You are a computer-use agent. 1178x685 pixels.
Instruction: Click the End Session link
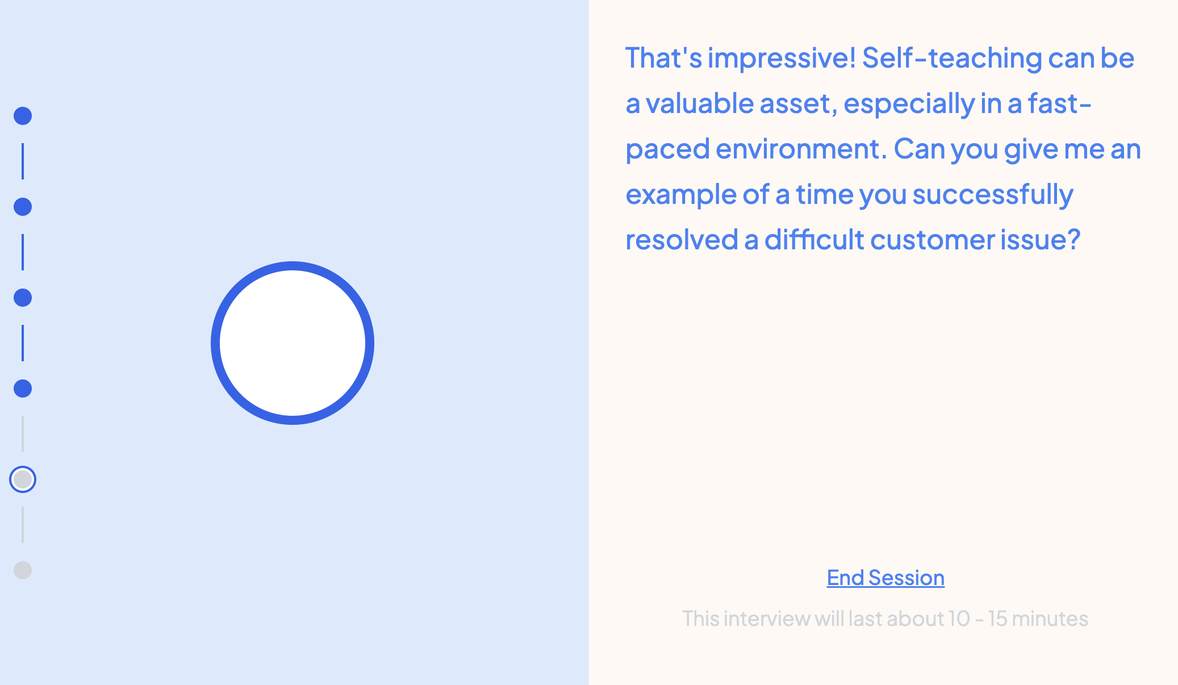click(885, 578)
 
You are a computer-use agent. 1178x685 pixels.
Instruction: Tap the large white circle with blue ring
click(293, 343)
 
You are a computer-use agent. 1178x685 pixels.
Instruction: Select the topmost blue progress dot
click(23, 116)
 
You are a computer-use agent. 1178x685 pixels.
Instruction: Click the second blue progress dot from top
click(23, 207)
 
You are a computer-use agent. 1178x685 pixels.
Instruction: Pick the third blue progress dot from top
click(23, 298)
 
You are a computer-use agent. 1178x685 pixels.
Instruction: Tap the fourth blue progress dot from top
click(23, 389)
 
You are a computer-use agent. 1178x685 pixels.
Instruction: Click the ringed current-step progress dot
click(23, 479)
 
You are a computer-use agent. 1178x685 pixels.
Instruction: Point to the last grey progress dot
click(23, 570)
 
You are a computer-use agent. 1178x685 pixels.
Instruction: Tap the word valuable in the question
click(700, 103)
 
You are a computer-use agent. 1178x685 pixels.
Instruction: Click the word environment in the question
click(798, 149)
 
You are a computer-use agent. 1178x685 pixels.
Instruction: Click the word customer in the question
click(932, 240)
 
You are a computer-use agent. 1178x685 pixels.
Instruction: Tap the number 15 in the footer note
click(997, 619)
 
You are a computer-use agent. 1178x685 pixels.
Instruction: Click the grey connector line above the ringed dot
click(23, 434)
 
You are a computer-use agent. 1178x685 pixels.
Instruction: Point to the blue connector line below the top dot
click(23, 161)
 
